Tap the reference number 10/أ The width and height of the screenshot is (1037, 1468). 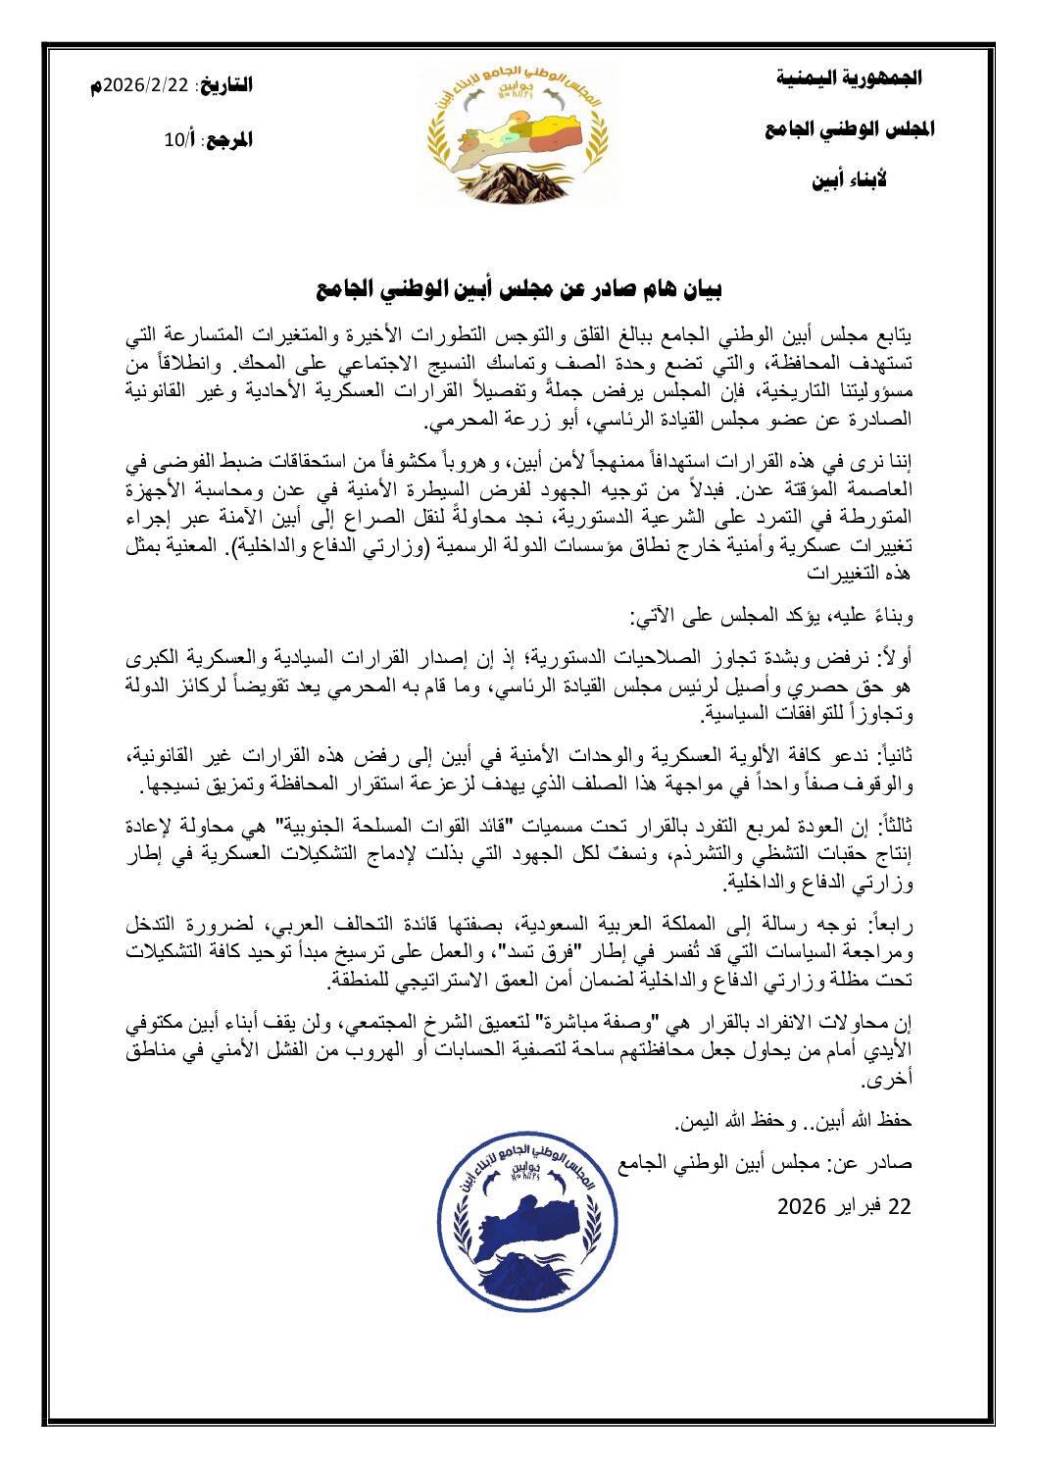(x=180, y=140)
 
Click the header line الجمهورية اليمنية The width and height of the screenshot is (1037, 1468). (x=849, y=77)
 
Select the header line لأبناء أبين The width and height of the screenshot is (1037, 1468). (x=849, y=180)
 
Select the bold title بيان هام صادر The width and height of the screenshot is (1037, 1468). (x=518, y=290)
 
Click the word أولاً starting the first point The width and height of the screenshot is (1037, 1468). (x=893, y=657)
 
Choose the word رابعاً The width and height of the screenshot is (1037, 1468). (x=890, y=924)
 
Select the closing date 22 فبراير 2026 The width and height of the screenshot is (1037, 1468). (x=844, y=1205)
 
